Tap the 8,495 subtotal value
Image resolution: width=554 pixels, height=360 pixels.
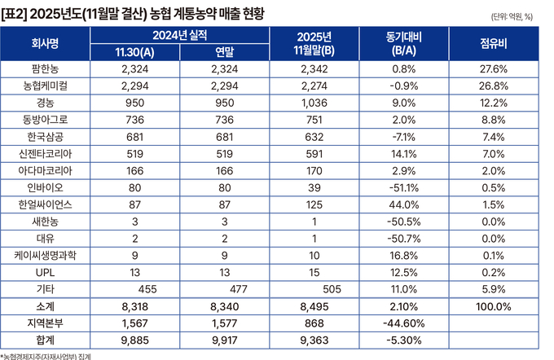coord(314,306)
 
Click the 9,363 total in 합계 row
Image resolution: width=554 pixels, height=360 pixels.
coord(314,339)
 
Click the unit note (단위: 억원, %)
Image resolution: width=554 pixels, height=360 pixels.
coord(512,16)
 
